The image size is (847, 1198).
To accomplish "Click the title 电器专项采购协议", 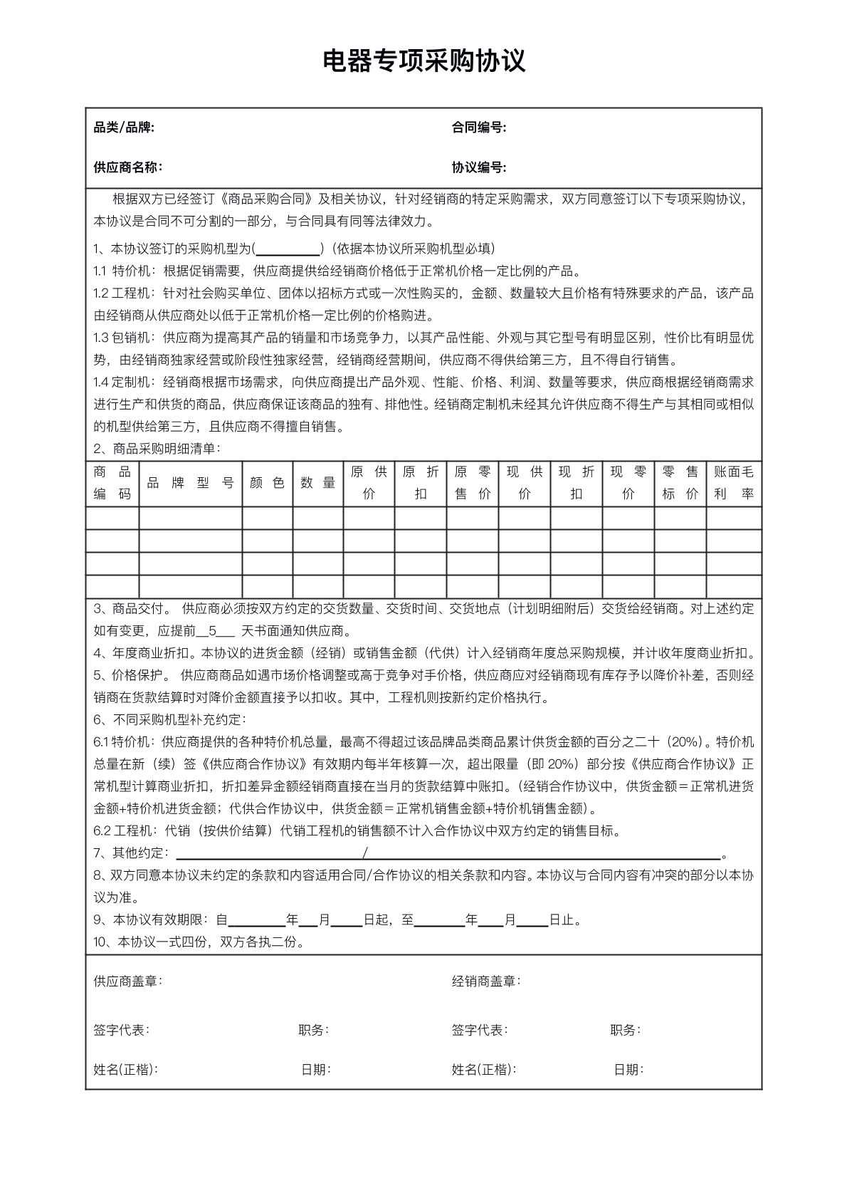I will tap(423, 61).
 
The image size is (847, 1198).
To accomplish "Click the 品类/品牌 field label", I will tap(124, 128).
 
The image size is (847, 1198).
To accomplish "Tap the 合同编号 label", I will tap(478, 128).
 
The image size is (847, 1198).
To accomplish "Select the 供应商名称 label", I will tap(127, 168).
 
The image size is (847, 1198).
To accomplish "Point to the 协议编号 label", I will tap(478, 168).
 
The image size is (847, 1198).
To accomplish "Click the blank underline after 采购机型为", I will tap(288, 250).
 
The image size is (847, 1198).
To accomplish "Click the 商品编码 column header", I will tap(112, 483).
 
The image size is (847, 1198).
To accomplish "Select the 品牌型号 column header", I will tap(190, 483).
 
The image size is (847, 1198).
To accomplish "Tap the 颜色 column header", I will tap(267, 483).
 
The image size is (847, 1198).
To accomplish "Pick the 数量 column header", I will tap(318, 483).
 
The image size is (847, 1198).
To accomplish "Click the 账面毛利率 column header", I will tap(733, 483).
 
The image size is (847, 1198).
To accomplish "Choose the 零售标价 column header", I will tap(680, 483).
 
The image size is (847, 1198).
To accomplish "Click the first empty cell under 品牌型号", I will tap(190, 518).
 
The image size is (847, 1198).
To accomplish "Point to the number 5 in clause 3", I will tap(211, 631).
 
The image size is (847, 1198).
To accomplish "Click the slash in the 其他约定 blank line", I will tap(365, 853).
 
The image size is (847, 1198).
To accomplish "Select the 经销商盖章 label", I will tap(485, 981).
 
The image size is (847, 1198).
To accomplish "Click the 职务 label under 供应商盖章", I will tap(312, 1030).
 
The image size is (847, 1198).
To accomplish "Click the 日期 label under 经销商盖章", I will tap(628, 1069).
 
